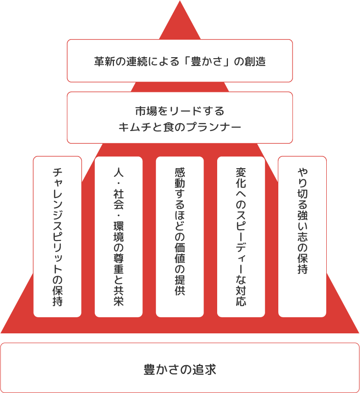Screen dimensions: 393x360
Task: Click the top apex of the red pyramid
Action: [x=180, y=3]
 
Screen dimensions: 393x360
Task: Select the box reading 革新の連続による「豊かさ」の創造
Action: [x=180, y=61]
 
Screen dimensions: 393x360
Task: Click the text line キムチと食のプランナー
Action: [x=180, y=127]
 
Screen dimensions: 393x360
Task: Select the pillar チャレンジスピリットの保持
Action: [x=57, y=237]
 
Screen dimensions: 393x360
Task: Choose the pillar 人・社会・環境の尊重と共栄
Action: [x=118, y=237]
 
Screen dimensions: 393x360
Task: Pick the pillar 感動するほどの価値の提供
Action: [x=180, y=237]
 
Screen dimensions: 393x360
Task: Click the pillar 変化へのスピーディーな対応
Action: [x=241, y=237]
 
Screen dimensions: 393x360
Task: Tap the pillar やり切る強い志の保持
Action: [x=302, y=237]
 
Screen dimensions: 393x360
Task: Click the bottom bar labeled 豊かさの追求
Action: [x=180, y=368]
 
